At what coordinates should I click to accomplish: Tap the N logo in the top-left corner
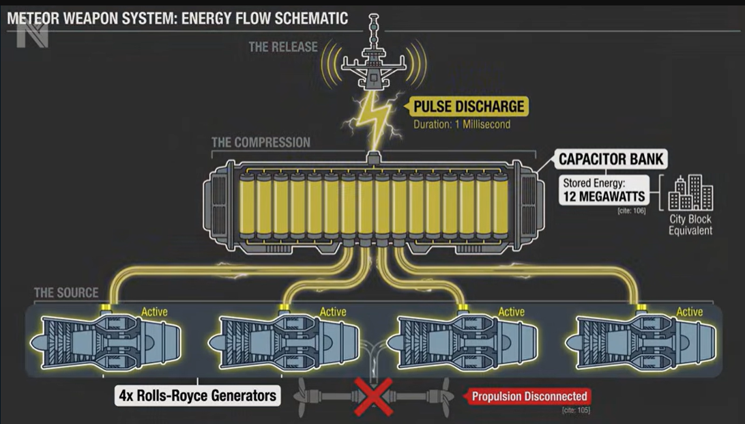point(32,36)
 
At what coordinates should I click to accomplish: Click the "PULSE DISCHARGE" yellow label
point(469,106)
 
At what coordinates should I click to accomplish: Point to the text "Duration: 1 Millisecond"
point(461,125)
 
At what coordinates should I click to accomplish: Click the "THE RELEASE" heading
point(283,47)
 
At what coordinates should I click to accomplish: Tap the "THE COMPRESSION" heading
point(261,143)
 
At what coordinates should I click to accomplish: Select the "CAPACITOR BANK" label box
point(611,160)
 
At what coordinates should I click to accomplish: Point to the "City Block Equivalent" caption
point(690,225)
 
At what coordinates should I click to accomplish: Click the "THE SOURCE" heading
point(66,293)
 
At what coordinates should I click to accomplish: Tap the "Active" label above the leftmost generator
point(154,312)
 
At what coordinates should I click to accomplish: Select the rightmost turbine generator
point(645,342)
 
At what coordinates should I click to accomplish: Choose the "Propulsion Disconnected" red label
point(529,396)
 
